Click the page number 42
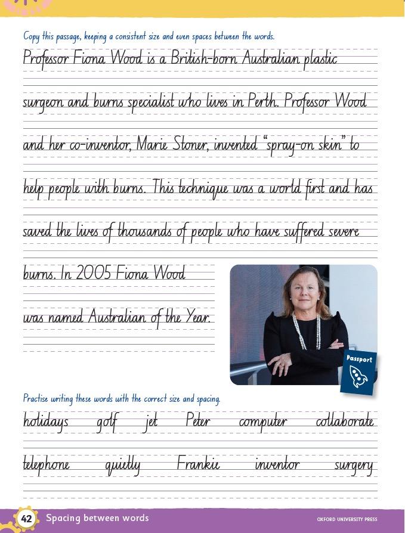click(x=26, y=519)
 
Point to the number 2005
click(x=93, y=274)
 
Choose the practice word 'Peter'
click(x=197, y=422)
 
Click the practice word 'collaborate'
click(x=345, y=422)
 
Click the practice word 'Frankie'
click(x=199, y=464)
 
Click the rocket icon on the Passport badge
click(x=358, y=377)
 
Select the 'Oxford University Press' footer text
click(x=347, y=519)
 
